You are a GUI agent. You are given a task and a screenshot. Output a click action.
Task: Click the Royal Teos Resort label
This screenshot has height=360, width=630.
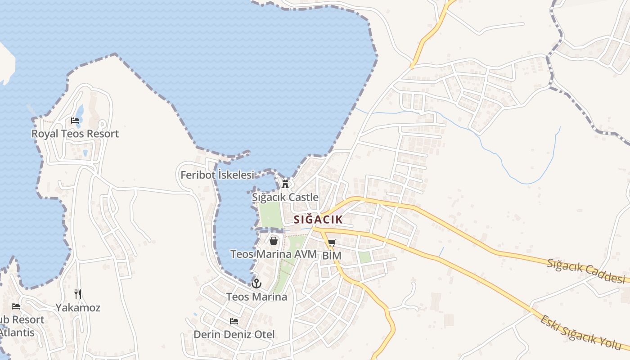click(75, 134)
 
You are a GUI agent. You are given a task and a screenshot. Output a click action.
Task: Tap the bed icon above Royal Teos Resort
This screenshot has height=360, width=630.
click(75, 121)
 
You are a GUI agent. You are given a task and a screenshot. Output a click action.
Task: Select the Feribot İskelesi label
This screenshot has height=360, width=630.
click(217, 175)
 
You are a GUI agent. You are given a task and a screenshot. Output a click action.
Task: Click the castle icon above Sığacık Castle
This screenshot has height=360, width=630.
click(285, 184)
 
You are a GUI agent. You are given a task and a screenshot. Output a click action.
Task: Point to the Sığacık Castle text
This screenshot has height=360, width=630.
click(285, 197)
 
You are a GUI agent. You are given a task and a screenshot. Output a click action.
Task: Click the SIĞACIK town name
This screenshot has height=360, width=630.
click(318, 220)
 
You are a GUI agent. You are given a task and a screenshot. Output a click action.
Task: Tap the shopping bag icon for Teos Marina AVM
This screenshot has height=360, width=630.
click(273, 241)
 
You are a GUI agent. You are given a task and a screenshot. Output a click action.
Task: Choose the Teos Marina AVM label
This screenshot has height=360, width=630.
click(273, 254)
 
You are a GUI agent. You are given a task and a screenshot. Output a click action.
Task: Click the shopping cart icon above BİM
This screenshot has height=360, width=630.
click(332, 243)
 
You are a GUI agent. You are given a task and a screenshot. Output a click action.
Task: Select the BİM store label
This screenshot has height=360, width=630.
click(332, 256)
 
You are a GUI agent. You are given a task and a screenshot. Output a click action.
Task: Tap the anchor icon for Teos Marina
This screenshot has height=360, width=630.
click(256, 283)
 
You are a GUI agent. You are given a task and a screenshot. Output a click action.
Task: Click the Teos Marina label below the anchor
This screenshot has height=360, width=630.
click(256, 297)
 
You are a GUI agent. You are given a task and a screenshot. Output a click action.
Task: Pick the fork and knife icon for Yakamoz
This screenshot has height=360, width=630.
click(78, 294)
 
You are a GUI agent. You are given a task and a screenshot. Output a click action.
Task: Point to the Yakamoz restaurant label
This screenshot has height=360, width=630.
click(78, 308)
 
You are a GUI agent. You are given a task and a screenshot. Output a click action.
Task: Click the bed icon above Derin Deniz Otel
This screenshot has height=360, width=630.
click(234, 321)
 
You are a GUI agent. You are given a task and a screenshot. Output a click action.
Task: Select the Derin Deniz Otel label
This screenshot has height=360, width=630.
click(234, 334)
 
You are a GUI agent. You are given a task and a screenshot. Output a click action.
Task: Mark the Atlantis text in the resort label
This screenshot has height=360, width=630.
click(17, 333)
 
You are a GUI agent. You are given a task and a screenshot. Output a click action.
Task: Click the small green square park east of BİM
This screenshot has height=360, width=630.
click(364, 257)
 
